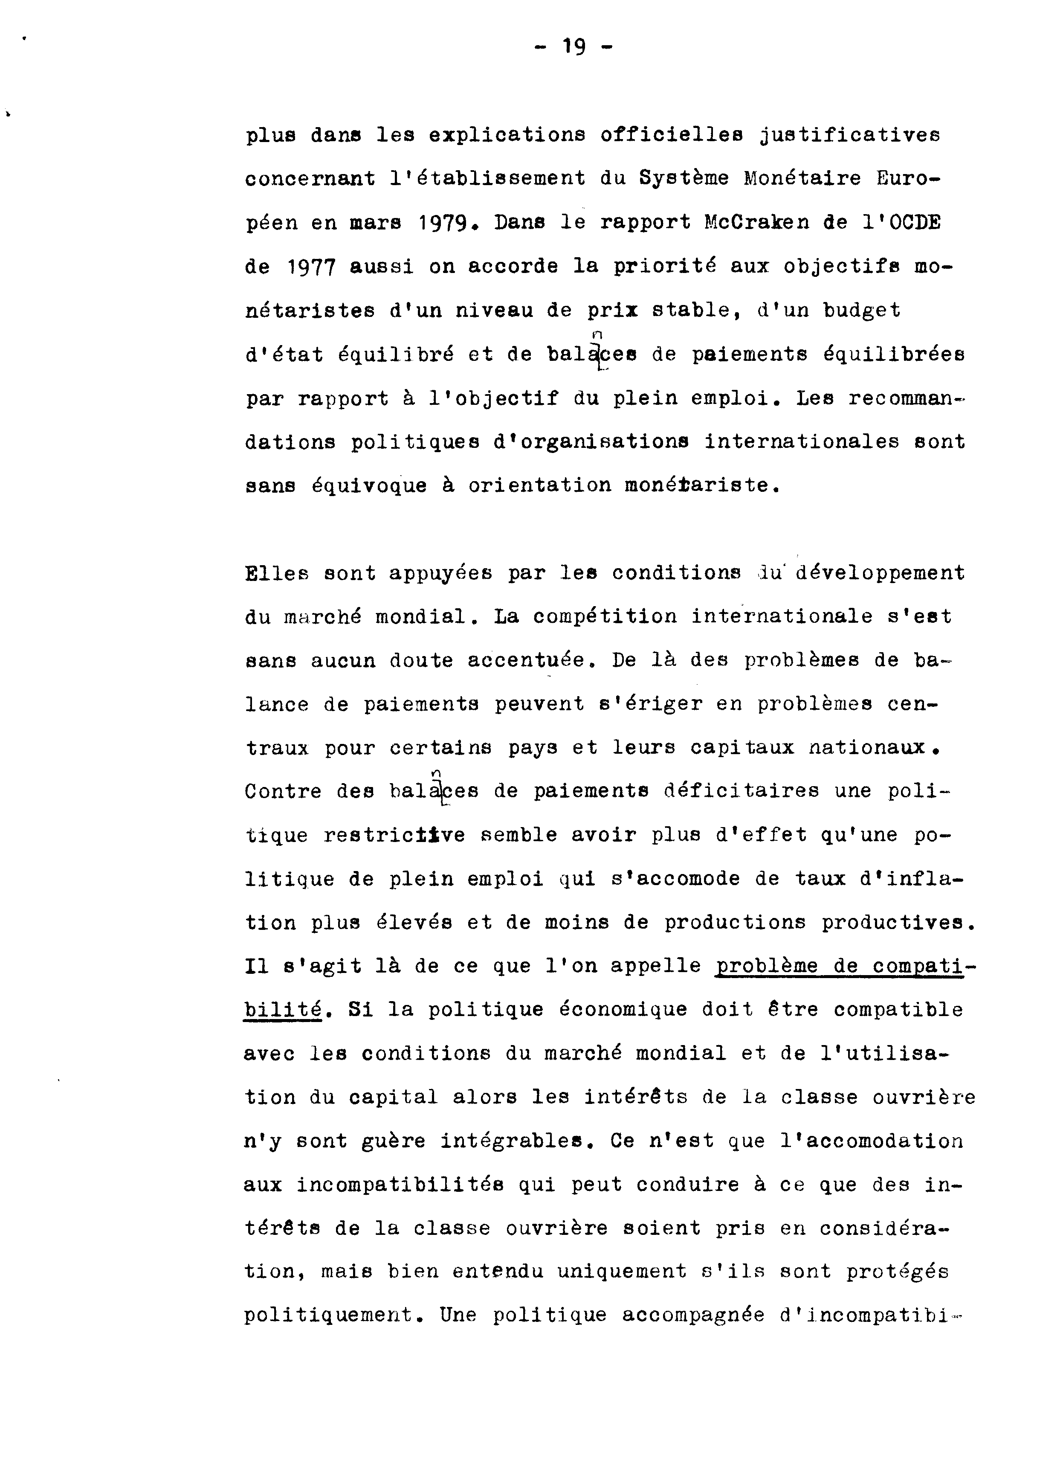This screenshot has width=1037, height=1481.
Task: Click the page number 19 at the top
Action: (574, 47)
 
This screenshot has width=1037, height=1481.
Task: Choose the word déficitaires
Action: (742, 791)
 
